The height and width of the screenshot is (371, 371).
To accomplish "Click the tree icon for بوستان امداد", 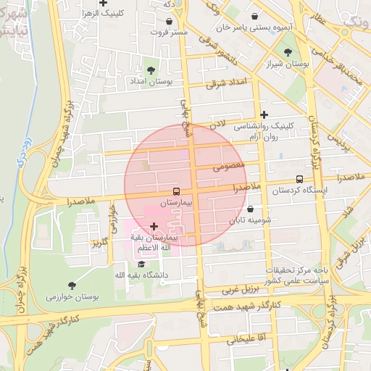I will pos(151,70).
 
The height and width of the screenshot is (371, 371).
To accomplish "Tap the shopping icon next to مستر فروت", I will pos(169,22).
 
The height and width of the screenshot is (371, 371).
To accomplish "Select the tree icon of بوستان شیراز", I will pos(288,52).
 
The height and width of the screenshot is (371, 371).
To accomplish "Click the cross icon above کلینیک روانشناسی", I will pos(264,114).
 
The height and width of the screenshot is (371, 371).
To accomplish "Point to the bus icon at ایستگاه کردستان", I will pos(299,180).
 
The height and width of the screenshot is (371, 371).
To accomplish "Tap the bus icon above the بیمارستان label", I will pos(177,193).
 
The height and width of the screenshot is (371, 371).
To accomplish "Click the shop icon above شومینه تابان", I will pos(250,209).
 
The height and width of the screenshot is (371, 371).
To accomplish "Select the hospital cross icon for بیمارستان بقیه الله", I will pos(153,227).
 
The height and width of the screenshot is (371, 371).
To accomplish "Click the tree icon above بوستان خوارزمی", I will pos(71,285).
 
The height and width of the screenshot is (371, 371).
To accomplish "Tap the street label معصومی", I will pos(230,167).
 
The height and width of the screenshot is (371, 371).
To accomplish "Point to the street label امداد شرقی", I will pos(227,83).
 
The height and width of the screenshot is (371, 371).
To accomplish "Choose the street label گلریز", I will pos(100,241).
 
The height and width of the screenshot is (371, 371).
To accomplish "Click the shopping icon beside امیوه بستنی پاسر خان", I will pos(254,16).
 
